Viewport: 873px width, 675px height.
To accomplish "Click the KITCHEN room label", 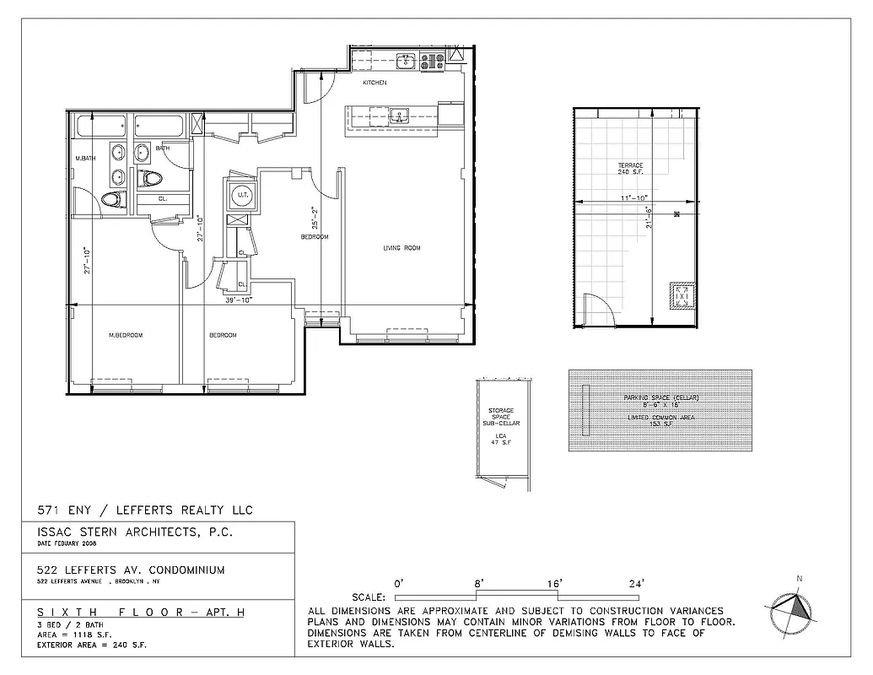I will point(375,83).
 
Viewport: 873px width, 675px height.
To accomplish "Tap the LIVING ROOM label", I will point(401,248).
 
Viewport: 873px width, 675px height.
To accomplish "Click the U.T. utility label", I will point(243,196).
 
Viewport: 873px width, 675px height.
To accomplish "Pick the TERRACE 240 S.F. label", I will point(630,168).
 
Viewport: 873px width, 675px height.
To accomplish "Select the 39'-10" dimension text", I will point(239,299).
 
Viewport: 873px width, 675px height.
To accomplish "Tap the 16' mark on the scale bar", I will point(554,583).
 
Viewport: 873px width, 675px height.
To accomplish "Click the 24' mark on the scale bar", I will point(635,583).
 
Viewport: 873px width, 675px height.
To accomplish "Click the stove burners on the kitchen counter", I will point(435,61).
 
